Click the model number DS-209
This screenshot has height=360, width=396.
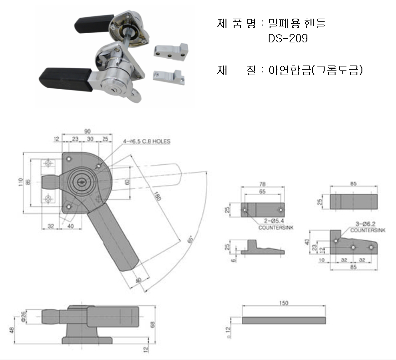(x=288, y=39)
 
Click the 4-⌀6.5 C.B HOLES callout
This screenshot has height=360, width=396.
(x=147, y=142)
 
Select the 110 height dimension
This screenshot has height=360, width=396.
(x=21, y=183)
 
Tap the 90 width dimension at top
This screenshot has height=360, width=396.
(x=87, y=132)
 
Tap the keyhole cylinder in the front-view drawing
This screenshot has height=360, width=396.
(x=83, y=182)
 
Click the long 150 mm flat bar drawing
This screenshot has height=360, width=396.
(x=284, y=320)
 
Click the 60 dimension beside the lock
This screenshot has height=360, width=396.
(x=127, y=182)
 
